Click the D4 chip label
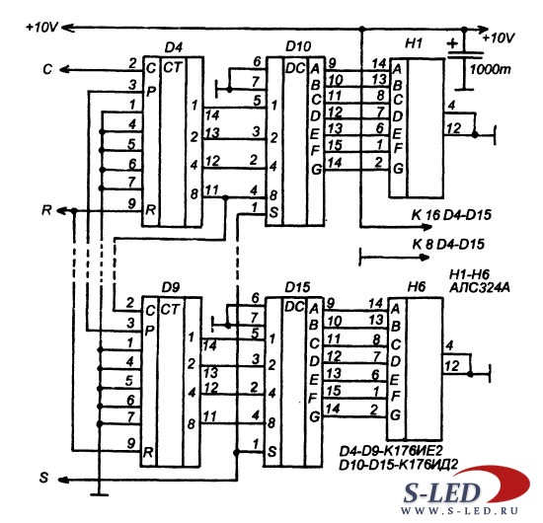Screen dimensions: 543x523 174,47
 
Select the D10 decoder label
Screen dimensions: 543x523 298,46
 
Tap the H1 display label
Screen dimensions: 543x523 414,43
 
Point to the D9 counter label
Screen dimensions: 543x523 171,287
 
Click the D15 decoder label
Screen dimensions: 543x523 297,287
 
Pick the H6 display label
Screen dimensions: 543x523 416,286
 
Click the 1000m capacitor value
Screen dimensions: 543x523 490,70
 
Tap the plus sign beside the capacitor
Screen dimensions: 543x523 452,43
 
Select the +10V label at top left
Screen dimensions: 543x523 41,27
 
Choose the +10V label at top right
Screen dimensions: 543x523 499,37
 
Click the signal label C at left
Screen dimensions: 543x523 47,70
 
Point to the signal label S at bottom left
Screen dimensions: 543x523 43,478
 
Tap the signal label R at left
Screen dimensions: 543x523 46,210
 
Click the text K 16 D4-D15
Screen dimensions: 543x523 451,215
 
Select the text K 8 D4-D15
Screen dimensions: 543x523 448,245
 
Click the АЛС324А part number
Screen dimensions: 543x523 480,287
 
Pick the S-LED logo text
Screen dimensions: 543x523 441,492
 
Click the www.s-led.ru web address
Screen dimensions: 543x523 459,511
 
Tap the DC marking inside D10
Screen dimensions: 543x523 295,68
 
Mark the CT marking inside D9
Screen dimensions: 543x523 171,310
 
